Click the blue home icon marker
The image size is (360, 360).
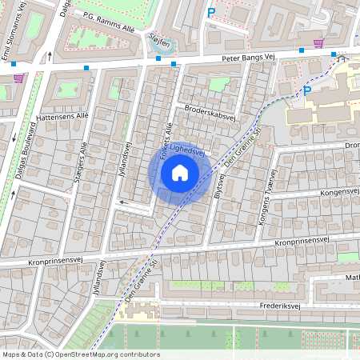[x=179, y=173]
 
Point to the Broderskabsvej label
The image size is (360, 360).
[x=210, y=114]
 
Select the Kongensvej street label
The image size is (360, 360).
[x=336, y=193]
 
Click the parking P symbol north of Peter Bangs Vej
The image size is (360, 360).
[x=211, y=12]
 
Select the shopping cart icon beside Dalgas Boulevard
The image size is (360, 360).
[x=18, y=78]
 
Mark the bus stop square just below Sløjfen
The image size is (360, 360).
[x=158, y=58]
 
